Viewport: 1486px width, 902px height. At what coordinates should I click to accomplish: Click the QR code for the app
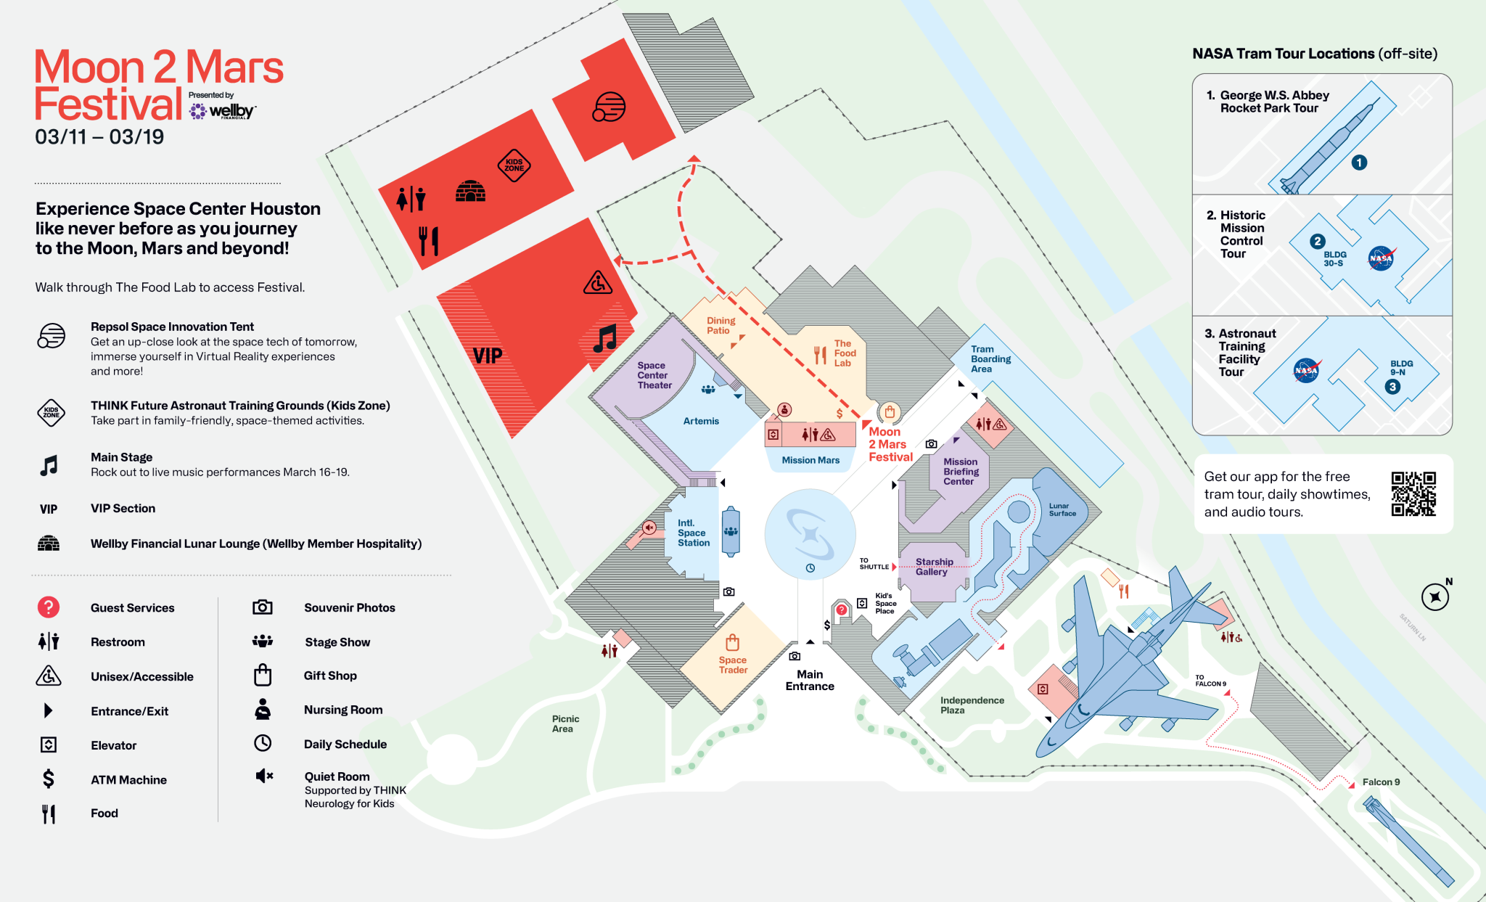[x=1413, y=493]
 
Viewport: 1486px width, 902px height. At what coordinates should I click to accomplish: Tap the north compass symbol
[x=1434, y=597]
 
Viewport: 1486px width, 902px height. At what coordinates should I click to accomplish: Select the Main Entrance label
[x=810, y=680]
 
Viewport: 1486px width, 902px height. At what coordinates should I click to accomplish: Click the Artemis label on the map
[x=701, y=421]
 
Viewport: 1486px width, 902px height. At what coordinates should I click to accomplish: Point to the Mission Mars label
[x=810, y=460]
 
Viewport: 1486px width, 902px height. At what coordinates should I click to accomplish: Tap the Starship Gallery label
[x=934, y=567]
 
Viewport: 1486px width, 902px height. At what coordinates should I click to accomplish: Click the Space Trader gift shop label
[x=733, y=665]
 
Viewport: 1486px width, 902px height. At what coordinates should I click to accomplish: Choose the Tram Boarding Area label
[x=990, y=359]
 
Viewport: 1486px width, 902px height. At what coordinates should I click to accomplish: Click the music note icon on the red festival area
[x=604, y=338]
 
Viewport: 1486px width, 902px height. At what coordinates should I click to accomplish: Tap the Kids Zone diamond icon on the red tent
[x=514, y=165]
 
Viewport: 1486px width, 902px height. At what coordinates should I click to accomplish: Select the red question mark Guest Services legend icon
[x=49, y=607]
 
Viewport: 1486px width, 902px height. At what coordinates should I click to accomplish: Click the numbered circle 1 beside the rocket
[x=1359, y=163]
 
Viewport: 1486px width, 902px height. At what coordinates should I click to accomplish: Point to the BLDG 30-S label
[x=1334, y=259]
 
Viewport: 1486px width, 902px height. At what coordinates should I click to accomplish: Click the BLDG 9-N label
[x=1401, y=368]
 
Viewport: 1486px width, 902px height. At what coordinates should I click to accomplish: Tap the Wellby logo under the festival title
[x=222, y=111]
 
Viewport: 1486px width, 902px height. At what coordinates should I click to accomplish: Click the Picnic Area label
[x=565, y=724]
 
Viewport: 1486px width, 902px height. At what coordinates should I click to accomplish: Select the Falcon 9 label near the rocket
[x=1381, y=782]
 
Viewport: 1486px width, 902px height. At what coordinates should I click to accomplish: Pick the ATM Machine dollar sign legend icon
[x=49, y=779]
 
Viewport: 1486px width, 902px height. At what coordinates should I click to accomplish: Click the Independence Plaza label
[x=972, y=705]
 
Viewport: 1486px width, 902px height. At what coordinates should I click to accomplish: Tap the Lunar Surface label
[x=1062, y=509]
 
